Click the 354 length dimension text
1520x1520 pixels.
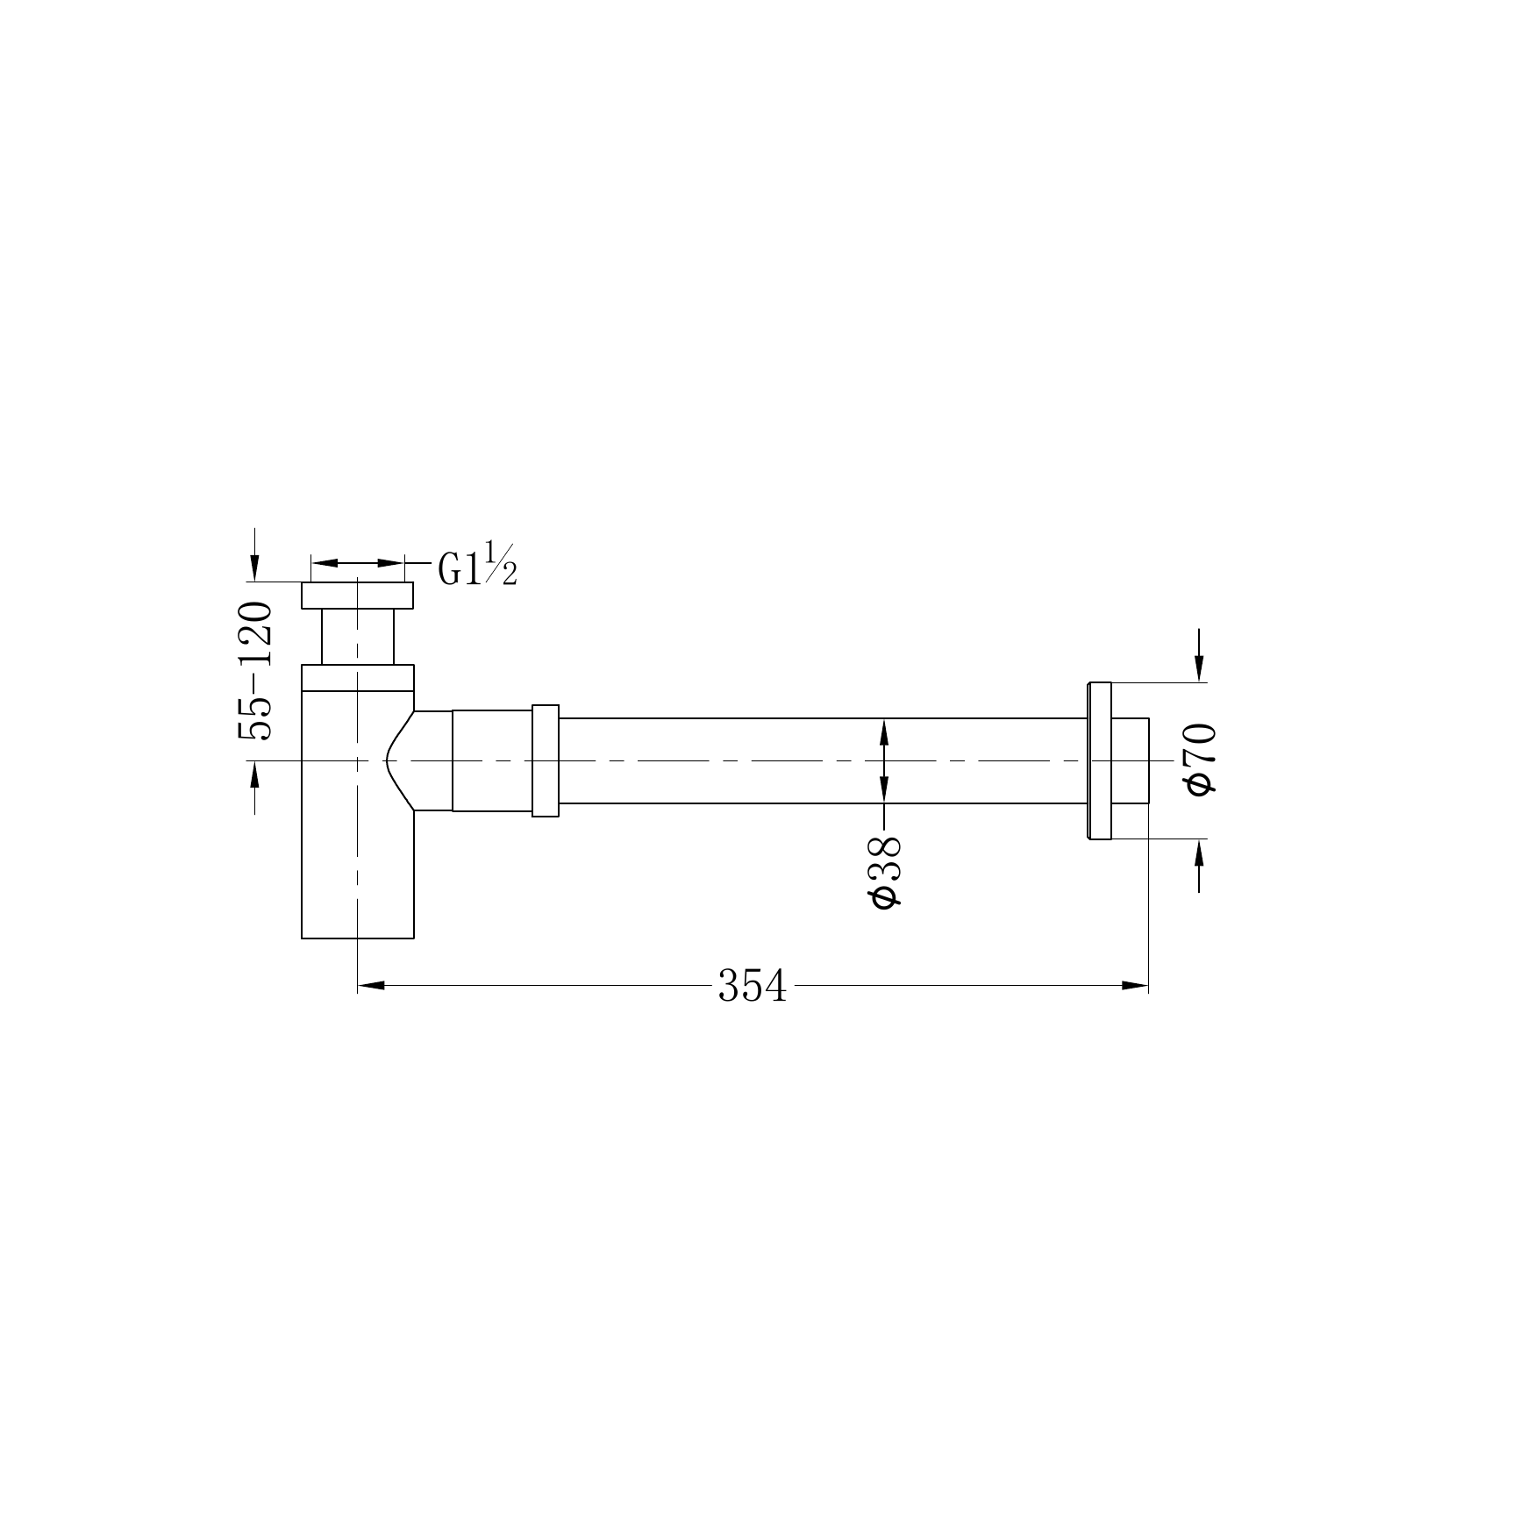[753, 986]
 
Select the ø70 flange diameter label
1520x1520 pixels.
[1201, 760]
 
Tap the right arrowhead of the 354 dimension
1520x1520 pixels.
[1136, 986]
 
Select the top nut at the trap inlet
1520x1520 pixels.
[357, 596]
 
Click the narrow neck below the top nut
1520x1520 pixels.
[357, 637]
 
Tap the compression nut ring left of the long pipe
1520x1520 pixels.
[546, 760]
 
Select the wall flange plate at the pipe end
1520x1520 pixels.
[1100, 760]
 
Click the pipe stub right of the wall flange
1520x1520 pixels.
[1131, 760]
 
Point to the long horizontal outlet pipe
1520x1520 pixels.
[789, 760]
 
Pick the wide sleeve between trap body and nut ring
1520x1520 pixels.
[492, 760]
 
